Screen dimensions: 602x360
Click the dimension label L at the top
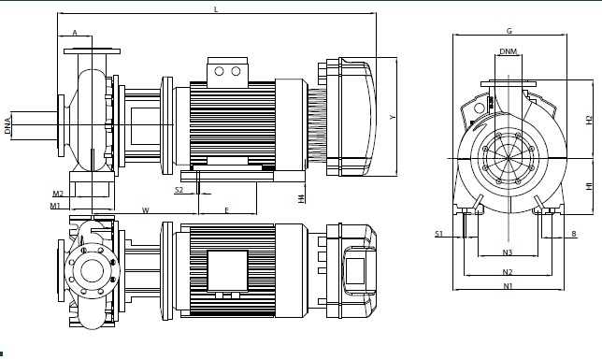click(216, 8)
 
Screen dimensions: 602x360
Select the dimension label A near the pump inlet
click(75, 33)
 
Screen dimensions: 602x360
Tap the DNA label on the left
click(7, 125)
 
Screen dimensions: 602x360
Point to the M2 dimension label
click(58, 194)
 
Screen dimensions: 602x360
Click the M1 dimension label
click(55, 206)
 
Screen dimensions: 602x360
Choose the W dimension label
click(146, 210)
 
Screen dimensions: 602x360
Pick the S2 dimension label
click(179, 190)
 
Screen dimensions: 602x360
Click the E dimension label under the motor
click(226, 210)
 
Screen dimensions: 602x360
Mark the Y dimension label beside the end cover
click(392, 117)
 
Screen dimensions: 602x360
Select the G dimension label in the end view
click(509, 31)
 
